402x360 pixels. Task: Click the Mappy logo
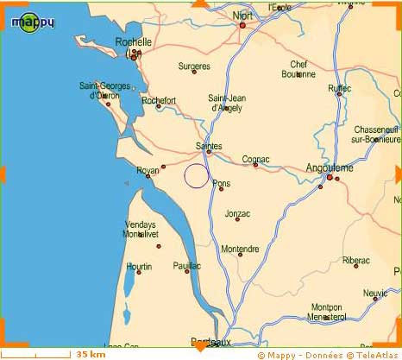33,20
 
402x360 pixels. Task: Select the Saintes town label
209,146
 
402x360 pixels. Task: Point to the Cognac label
255,159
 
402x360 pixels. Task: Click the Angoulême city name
330,167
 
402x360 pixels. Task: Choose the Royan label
148,170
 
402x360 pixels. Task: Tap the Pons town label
222,183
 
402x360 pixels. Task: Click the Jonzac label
237,213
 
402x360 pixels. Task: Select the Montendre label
240,249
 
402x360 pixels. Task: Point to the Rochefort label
158,100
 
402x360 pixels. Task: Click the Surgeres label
194,66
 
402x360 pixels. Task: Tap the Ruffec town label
340,88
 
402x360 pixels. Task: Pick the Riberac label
355,260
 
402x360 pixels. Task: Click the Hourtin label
138,267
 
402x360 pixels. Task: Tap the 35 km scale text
91,354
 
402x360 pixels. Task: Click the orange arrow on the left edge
4,177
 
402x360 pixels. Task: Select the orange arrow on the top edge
200,4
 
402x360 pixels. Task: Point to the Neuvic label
375,293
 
